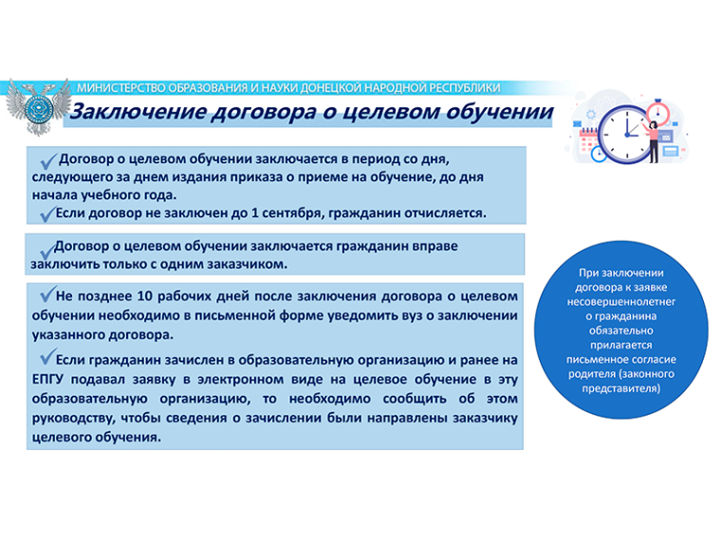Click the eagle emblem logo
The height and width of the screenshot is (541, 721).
[x=38, y=107]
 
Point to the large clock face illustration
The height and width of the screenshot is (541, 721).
[x=626, y=135]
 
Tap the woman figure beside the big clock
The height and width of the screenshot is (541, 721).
[x=653, y=141]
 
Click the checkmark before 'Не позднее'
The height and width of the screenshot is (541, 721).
[x=47, y=293]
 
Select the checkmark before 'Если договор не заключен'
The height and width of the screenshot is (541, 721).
[x=47, y=214]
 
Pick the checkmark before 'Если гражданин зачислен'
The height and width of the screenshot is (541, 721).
[x=47, y=357]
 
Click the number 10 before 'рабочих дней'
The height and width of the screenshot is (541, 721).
[x=144, y=296]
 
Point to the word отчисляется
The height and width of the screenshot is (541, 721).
[x=445, y=214]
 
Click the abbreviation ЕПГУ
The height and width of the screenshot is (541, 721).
[x=47, y=380]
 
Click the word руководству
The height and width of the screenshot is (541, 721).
[x=73, y=419]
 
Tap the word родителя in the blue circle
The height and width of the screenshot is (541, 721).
[x=591, y=374]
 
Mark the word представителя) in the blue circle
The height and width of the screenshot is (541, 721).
[x=621, y=389]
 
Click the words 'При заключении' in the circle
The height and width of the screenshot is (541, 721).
[x=621, y=272]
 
